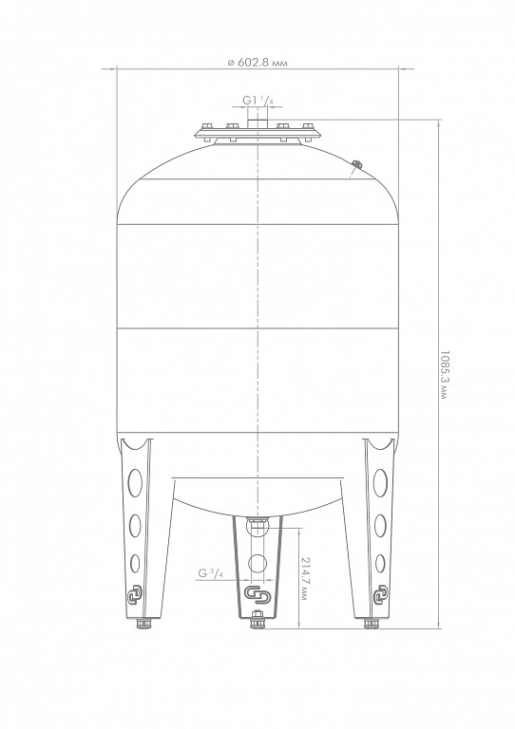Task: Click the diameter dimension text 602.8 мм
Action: (x=257, y=63)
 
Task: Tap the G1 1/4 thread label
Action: (x=257, y=100)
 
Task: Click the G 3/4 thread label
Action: (x=211, y=573)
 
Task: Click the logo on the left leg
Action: (x=136, y=595)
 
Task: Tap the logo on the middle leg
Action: (x=257, y=594)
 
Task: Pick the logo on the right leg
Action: (x=381, y=593)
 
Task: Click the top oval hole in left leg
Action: (x=135, y=482)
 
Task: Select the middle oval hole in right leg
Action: (x=380, y=525)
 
